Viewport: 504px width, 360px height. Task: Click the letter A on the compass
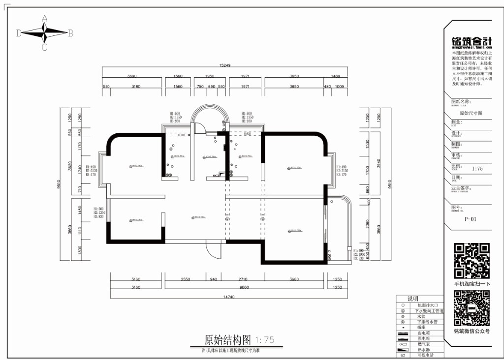[x=44, y=19]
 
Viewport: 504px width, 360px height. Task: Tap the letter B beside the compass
[x=70, y=33]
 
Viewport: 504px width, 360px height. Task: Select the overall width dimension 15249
[x=225, y=65]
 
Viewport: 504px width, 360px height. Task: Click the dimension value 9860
[x=244, y=287]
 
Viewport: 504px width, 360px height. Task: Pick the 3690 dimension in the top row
[x=132, y=76]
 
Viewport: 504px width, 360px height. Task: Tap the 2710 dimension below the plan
[x=242, y=279]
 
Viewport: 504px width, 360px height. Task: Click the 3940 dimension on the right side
[x=379, y=163]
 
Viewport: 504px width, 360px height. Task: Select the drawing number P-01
[x=470, y=219]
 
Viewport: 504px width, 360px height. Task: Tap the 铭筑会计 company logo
[x=472, y=42]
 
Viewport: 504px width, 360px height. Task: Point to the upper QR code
[x=472, y=261]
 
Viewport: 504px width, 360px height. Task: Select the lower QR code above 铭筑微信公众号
[x=472, y=308]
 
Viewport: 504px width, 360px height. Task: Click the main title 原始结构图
[x=227, y=340]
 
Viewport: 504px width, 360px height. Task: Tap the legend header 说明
[x=412, y=299]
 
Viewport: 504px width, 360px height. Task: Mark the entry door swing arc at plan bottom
[x=211, y=253]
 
